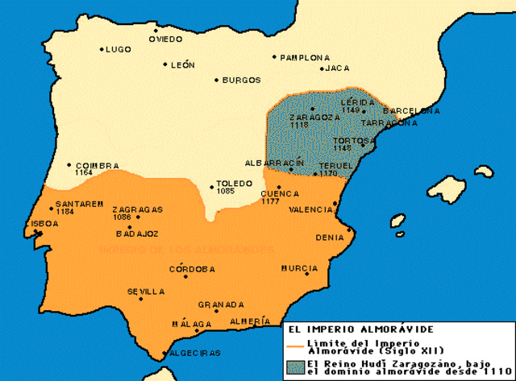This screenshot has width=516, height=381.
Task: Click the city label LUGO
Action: click(118, 50)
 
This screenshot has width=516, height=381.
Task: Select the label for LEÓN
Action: click(183, 65)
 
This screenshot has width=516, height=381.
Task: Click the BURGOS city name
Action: click(242, 81)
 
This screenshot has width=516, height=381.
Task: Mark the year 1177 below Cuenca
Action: click(269, 201)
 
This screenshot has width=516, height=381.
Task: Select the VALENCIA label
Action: click(310, 209)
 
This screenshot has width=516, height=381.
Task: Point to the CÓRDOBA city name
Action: click(193, 270)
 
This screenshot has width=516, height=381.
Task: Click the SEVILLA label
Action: click(146, 292)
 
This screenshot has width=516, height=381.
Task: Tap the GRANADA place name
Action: click(221, 304)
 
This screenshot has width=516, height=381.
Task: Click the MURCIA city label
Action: click(300, 267)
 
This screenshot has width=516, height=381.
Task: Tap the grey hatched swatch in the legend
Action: click(293, 366)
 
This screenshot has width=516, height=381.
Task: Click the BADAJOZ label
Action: click(139, 234)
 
